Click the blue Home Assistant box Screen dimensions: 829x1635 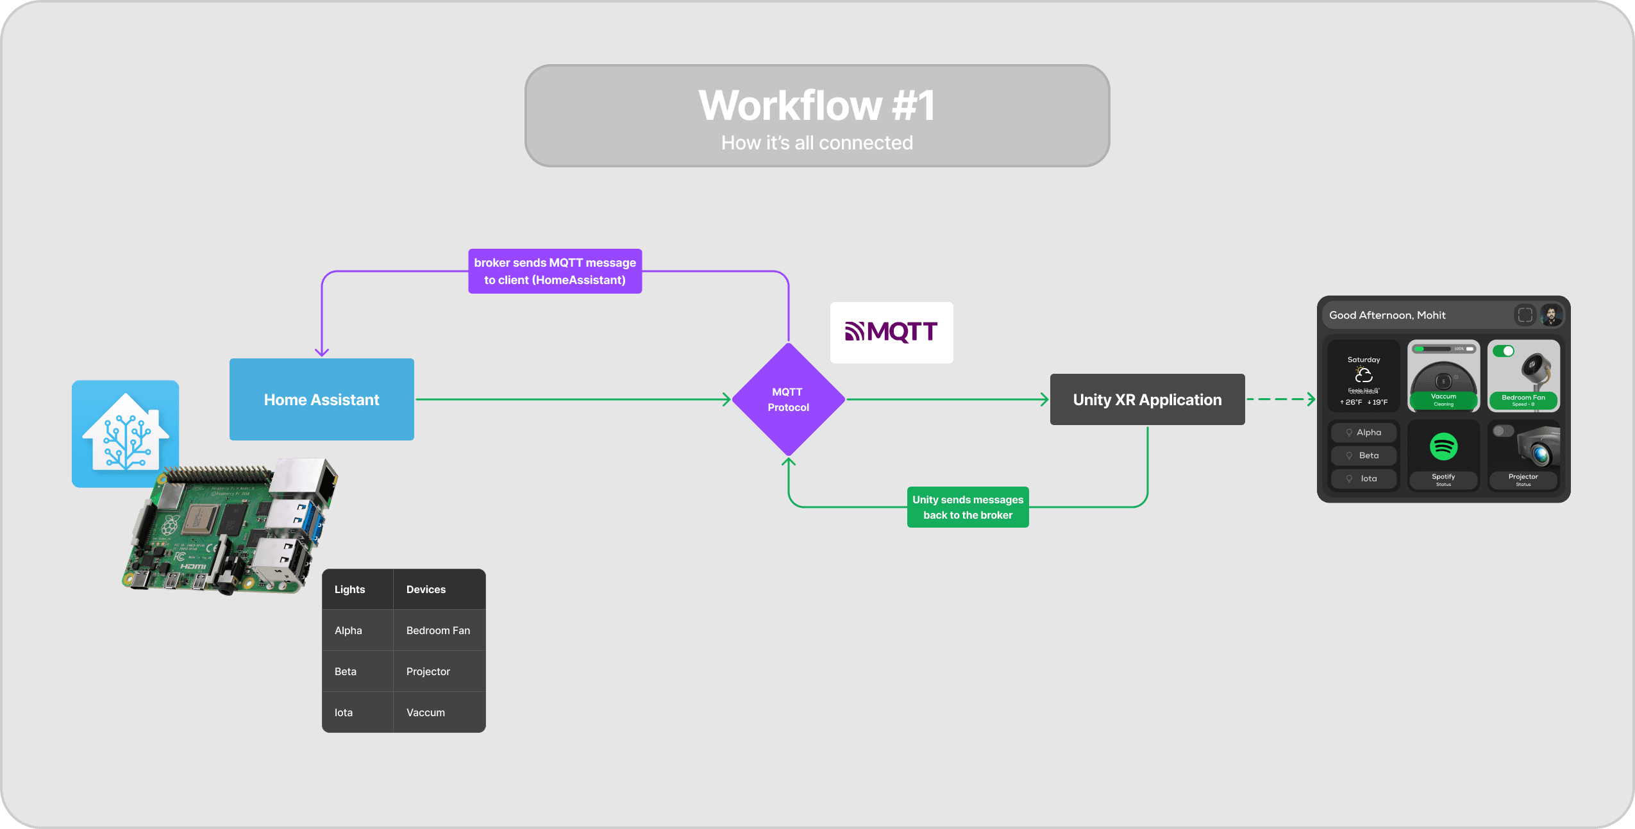coord(321,399)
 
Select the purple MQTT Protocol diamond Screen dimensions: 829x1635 coord(788,399)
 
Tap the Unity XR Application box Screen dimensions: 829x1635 coord(1147,399)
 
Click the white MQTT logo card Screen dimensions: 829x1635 coord(891,332)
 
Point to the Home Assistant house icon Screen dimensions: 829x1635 coord(126,433)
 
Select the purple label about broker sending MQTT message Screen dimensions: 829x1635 coord(555,271)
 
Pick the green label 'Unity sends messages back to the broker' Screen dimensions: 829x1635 coord(968,507)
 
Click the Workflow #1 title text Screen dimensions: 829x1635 coord(817,105)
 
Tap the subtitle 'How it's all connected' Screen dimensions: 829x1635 coord(817,142)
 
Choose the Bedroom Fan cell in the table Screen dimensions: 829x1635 coord(438,630)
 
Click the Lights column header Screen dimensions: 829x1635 coord(349,589)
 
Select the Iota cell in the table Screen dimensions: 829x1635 coord(344,712)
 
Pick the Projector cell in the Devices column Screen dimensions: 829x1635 coord(428,671)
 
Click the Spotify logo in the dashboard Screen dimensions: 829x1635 coord(1443,446)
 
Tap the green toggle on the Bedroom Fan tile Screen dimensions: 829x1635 coord(1503,351)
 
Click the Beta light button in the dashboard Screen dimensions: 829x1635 coord(1364,455)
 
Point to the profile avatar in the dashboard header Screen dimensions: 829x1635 coord(1551,315)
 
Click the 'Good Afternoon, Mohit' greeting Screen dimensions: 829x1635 coord(1387,315)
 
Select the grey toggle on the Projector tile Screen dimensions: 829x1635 coord(1502,431)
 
